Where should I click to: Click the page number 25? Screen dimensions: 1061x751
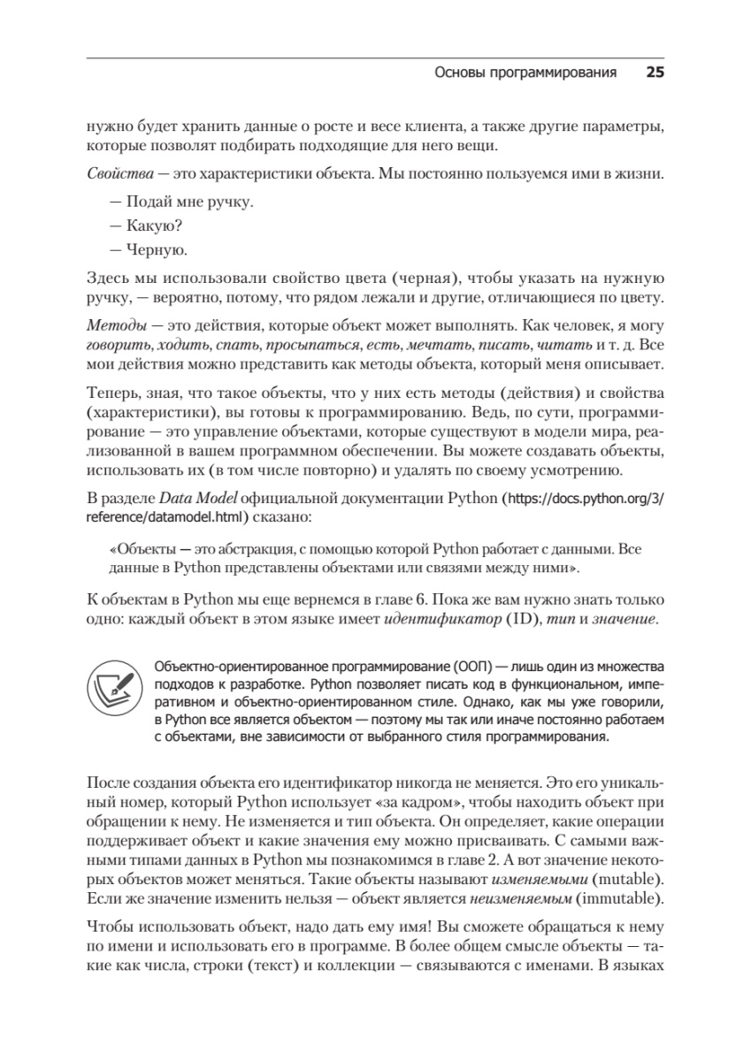click(655, 73)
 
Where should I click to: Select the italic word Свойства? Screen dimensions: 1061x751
click(118, 173)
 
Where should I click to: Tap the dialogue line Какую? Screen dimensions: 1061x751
click(142, 225)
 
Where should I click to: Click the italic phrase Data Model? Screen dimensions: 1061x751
click(195, 498)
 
